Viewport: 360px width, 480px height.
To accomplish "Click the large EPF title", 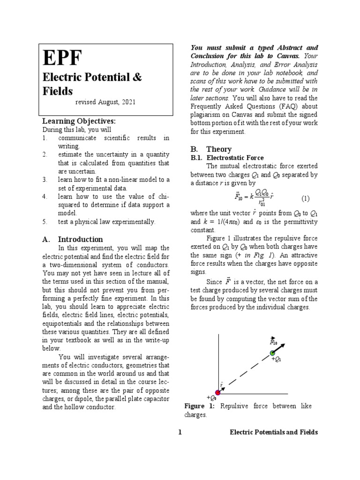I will pyautogui.click(x=62, y=58).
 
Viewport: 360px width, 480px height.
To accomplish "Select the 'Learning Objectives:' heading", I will pyautogui.click(x=79, y=121).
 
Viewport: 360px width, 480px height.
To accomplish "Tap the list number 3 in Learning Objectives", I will pyautogui.click(x=45, y=180).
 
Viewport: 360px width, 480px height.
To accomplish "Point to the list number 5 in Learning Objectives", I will pyautogui.click(x=45, y=222).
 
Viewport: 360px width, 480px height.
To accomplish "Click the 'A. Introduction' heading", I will pyautogui.click(x=73, y=239).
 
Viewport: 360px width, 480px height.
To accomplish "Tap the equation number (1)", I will pyautogui.click(x=305, y=198).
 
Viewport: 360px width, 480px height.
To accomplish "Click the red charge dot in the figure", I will pyautogui.click(x=218, y=393).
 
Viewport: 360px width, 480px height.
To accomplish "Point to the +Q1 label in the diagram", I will pyautogui.click(x=277, y=360).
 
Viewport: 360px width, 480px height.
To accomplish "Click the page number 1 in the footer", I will pyautogui.click(x=180, y=432).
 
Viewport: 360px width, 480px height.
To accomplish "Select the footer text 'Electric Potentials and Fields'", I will pyautogui.click(x=273, y=432).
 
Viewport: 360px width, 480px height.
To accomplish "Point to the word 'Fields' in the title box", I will pyautogui.click(x=58, y=90).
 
